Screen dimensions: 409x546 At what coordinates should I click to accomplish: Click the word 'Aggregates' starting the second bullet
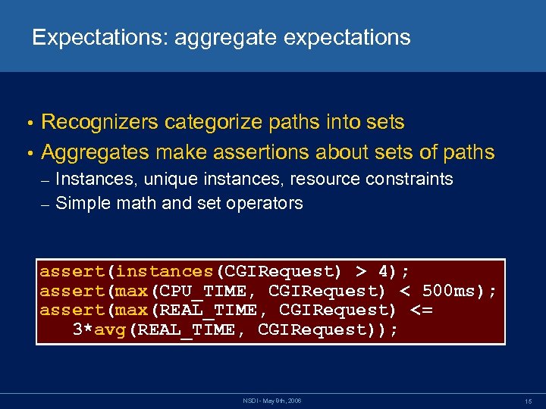(96, 152)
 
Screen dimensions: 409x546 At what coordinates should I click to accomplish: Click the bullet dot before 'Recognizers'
(29, 123)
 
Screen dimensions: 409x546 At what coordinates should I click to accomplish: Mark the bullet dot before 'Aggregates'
(29, 154)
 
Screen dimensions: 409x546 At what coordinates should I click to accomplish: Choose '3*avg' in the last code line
(99, 329)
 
